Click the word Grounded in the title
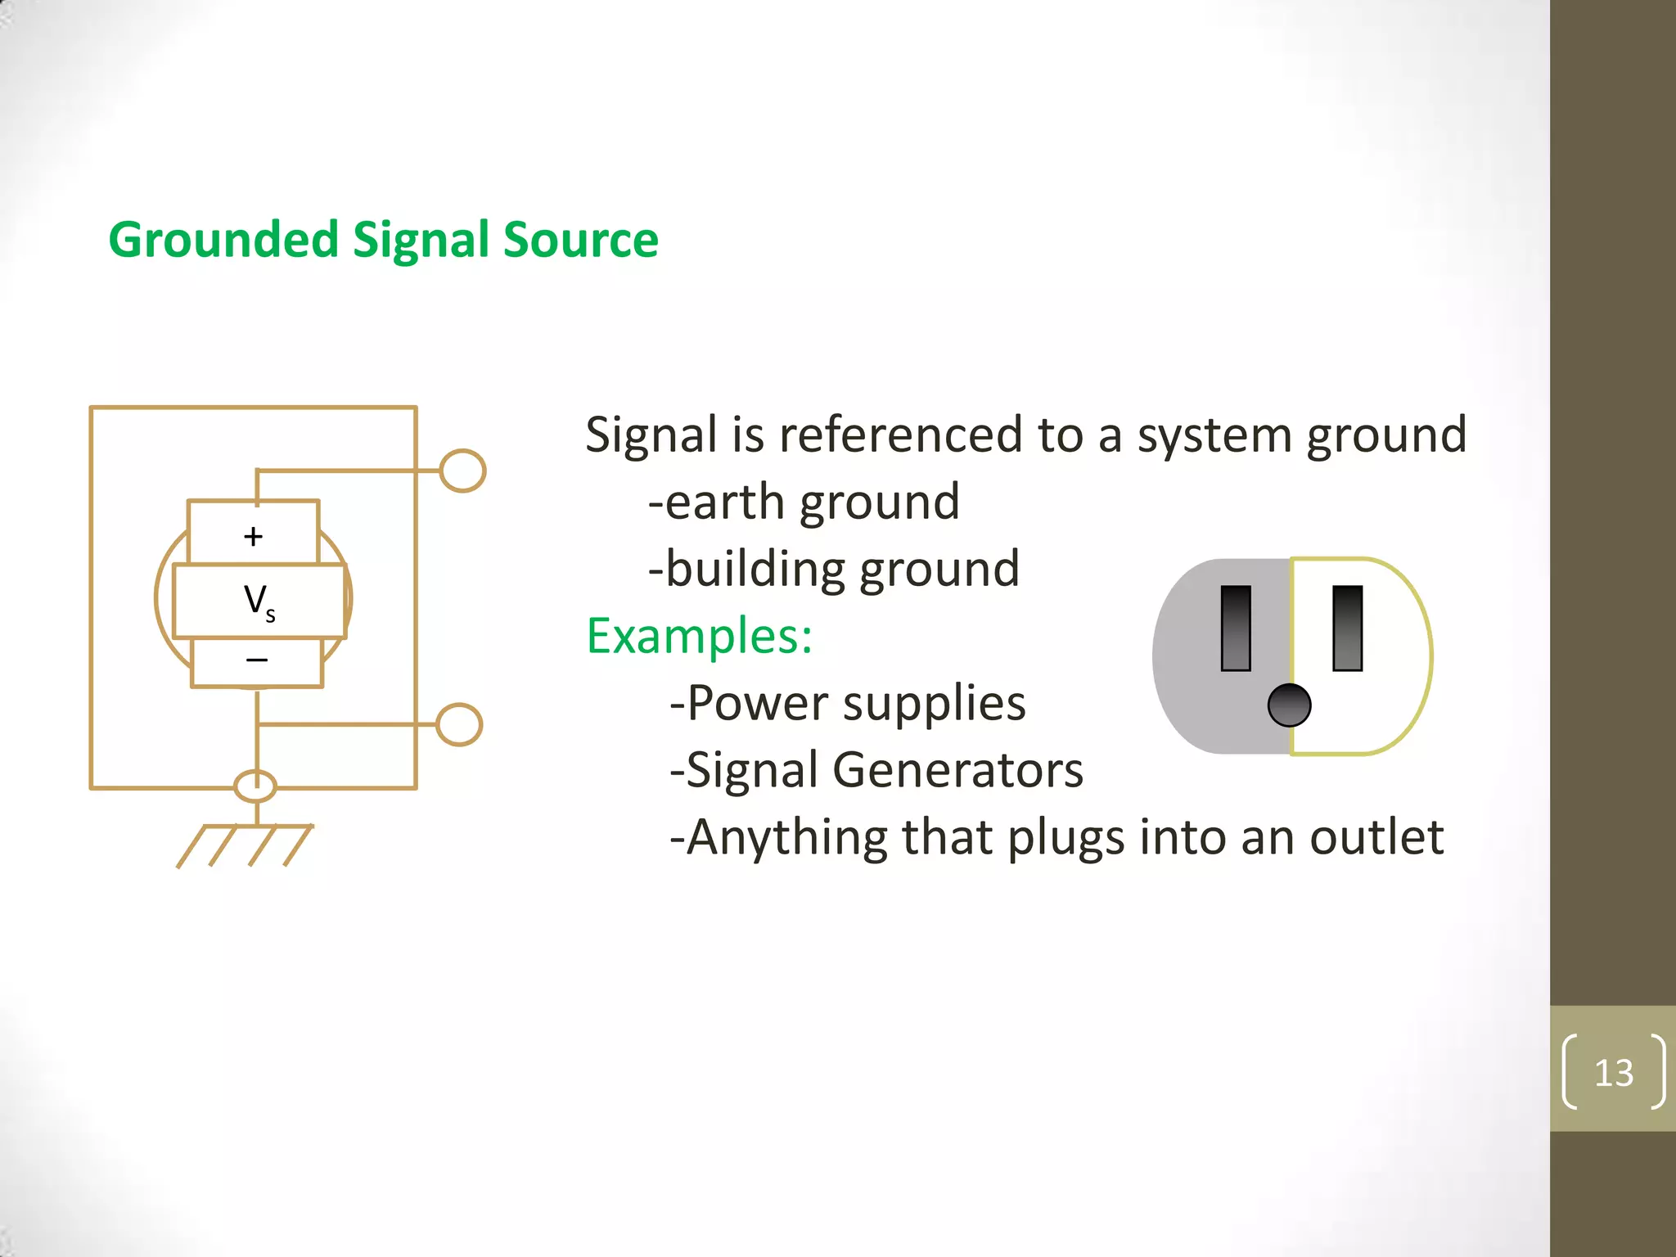pos(223,240)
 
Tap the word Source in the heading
pos(580,240)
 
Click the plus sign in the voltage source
pos(254,536)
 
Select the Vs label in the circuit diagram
pos(259,601)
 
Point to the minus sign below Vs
pos(257,660)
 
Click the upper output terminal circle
pos(462,471)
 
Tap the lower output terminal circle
pos(459,724)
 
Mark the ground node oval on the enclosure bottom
pos(255,786)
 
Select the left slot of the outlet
pos(1236,628)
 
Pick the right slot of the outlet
pos(1347,628)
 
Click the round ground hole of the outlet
pos(1289,705)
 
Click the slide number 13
pos(1614,1072)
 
